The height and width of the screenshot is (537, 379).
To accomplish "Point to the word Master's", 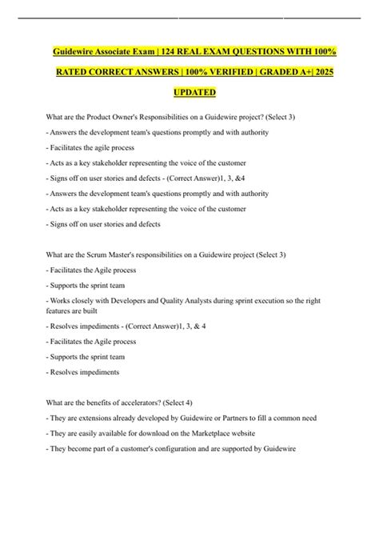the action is pos(128,254).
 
